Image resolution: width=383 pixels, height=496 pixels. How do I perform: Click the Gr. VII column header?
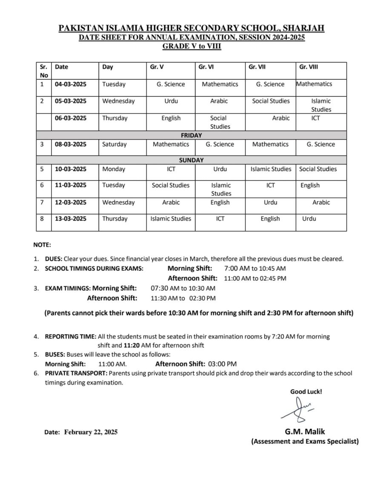(x=257, y=67)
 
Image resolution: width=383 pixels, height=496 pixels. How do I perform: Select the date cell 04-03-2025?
(x=71, y=84)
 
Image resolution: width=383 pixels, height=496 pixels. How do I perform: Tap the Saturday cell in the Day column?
(x=114, y=144)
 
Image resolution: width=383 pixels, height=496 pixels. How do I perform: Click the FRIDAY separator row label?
(x=191, y=135)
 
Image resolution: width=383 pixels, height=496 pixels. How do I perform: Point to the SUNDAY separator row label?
(x=191, y=161)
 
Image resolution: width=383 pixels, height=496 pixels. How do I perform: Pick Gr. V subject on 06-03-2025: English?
(x=171, y=118)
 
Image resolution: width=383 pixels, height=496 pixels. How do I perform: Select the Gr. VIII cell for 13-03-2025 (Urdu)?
(x=309, y=219)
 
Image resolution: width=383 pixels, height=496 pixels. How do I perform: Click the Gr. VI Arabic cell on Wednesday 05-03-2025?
(x=219, y=101)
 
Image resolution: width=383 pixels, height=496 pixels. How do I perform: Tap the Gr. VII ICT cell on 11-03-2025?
(x=270, y=186)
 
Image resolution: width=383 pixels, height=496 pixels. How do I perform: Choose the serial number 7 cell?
(x=42, y=202)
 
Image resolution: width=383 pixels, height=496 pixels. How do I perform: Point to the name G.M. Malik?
(x=305, y=431)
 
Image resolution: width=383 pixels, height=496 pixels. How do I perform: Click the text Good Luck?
(x=306, y=392)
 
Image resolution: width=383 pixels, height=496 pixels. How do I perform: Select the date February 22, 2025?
(x=91, y=432)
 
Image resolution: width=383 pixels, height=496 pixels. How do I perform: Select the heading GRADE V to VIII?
(x=191, y=46)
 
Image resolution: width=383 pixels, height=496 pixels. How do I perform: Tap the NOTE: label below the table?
(x=42, y=245)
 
